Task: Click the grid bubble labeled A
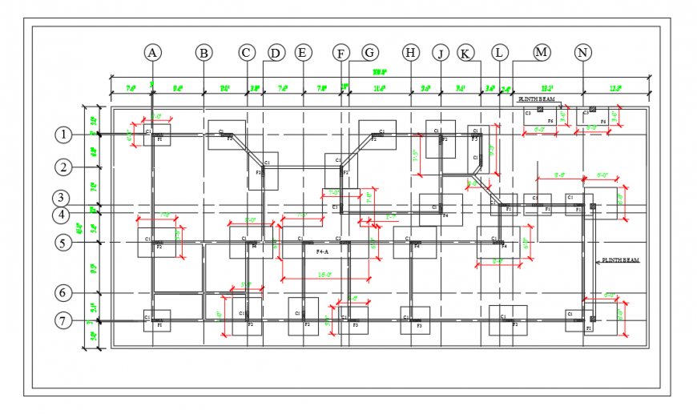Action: (x=152, y=53)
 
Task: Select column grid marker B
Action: (x=204, y=53)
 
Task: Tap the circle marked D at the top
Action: (x=276, y=53)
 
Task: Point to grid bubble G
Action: (x=369, y=53)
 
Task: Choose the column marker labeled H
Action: (x=411, y=53)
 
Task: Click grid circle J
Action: (x=440, y=53)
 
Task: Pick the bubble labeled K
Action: (x=465, y=53)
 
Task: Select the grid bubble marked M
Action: (x=542, y=53)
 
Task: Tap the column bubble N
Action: (x=583, y=53)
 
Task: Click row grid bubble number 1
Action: (x=63, y=135)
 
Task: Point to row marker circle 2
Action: (x=63, y=167)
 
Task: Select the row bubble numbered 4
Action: (x=63, y=215)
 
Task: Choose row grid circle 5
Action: (x=63, y=242)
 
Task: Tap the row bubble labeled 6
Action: (x=63, y=293)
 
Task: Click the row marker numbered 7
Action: (x=63, y=320)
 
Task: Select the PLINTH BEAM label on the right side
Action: (x=620, y=261)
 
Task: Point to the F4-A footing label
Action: (x=323, y=251)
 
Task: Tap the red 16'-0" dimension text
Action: (x=324, y=275)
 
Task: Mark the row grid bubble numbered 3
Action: (x=63, y=198)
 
